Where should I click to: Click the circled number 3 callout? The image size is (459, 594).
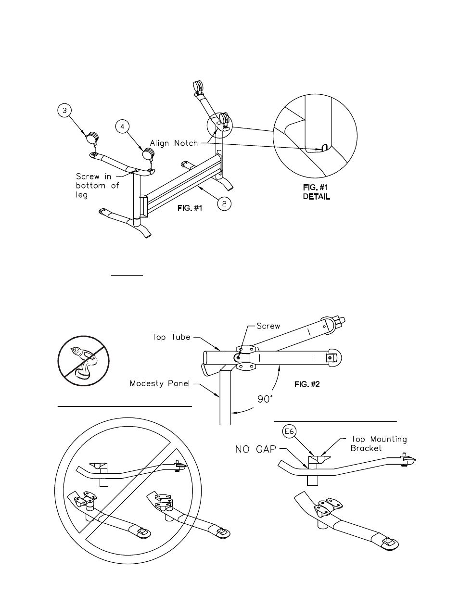coord(64,111)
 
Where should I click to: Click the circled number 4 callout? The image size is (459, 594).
coord(122,126)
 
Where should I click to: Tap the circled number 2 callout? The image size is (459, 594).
coord(224,203)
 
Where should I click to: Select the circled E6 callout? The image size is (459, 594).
coord(289,431)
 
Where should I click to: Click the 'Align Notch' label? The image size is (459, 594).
coord(174,143)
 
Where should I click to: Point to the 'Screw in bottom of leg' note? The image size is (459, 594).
coord(97,186)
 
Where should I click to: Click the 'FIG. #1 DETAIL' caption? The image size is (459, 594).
coord(316,192)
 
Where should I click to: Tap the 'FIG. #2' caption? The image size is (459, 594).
coord(307,384)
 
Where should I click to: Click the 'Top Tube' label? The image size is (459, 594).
coord(171,337)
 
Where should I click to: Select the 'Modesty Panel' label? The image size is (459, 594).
coord(160,383)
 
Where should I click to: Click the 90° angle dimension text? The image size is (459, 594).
coord(265,399)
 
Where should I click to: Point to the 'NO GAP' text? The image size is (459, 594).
coord(255,449)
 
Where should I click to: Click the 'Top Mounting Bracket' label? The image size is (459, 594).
coord(379,443)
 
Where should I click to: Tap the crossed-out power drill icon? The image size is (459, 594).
coord(83,361)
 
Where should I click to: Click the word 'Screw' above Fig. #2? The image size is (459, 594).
coord(268,326)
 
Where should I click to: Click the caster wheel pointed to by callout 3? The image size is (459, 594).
coord(92,138)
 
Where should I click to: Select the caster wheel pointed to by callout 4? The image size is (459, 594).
coord(149,153)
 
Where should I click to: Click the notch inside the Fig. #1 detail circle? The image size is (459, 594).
coord(324,148)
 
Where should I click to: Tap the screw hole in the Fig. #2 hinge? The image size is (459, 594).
coord(238,357)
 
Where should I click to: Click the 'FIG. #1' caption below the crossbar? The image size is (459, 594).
coord(190,208)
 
